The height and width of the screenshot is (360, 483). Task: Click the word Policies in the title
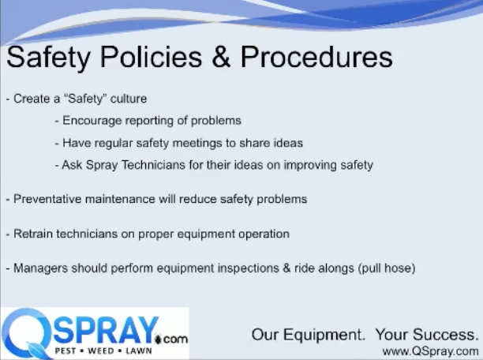pyautogui.click(x=151, y=57)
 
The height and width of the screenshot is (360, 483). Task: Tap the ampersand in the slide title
pyautogui.click(x=221, y=57)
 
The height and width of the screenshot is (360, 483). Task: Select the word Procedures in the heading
pyautogui.click(x=316, y=57)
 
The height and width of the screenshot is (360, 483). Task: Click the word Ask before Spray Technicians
pyautogui.click(x=72, y=165)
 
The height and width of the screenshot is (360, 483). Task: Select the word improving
pyautogui.click(x=310, y=165)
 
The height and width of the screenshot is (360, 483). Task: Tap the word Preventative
pyautogui.click(x=47, y=199)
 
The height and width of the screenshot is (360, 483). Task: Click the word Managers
pyautogui.click(x=40, y=268)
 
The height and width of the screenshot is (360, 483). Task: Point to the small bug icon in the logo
pyautogui.click(x=159, y=339)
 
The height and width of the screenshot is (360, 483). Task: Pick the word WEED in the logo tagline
pyautogui.click(x=101, y=351)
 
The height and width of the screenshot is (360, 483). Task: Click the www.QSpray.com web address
pyautogui.click(x=431, y=351)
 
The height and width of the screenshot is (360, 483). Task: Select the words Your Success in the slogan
pyautogui.click(x=427, y=335)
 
